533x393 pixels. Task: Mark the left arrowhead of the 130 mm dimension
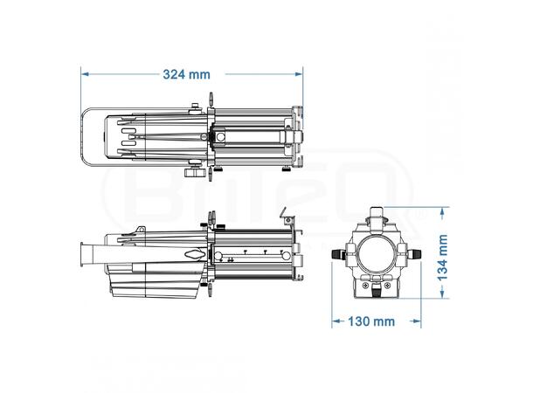coord(336,321)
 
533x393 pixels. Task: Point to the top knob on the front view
coord(376,216)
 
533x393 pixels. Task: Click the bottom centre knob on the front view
coord(377,289)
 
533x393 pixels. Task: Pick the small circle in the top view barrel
coord(220,137)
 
